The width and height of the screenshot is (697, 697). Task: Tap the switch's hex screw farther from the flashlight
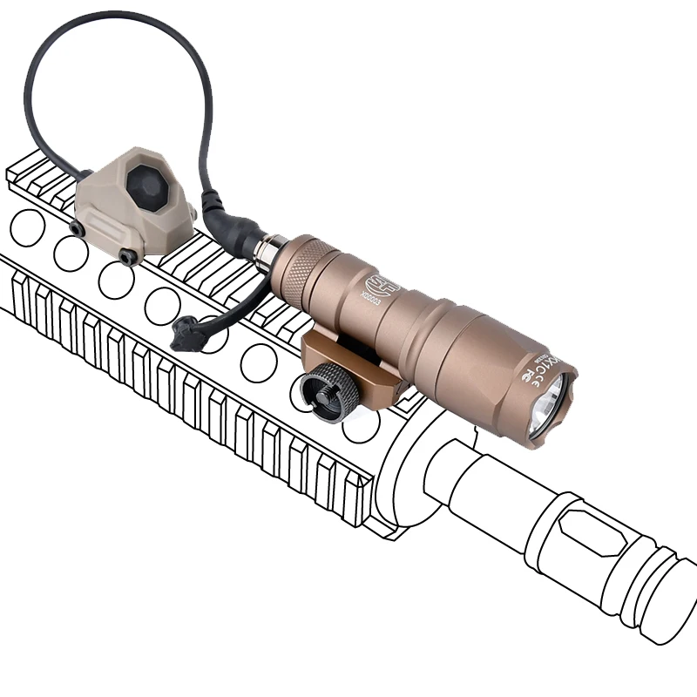tap(77, 228)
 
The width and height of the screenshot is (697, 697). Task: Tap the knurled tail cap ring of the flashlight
tap(308, 269)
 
